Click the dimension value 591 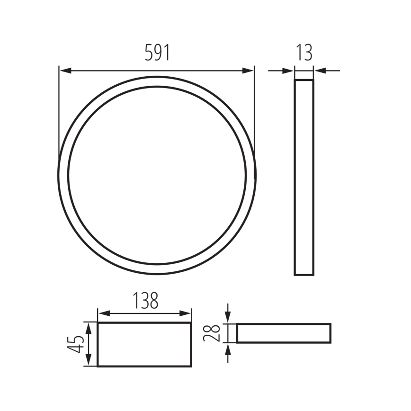click(x=157, y=53)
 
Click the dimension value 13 click(x=304, y=53)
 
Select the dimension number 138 click(x=144, y=301)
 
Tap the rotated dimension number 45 click(x=75, y=344)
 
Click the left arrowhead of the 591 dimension click(x=65, y=71)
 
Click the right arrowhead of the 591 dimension click(x=249, y=71)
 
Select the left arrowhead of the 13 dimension click(x=288, y=71)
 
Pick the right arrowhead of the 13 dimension click(x=320, y=71)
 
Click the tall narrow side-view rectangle click(x=304, y=178)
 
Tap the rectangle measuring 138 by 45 click(x=144, y=344)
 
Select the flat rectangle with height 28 click(x=284, y=333)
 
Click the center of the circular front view click(x=157, y=175)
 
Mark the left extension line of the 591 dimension click(x=59, y=114)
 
